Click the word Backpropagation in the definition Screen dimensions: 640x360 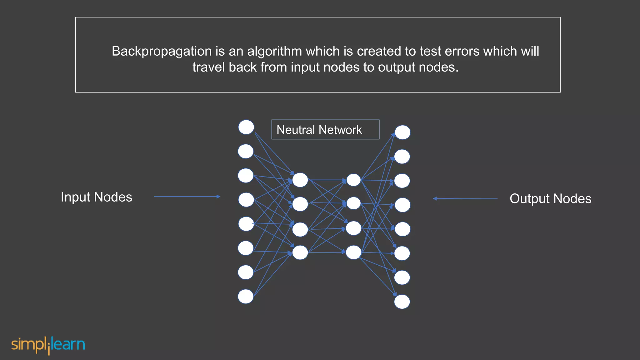(162, 52)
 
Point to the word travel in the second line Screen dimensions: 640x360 (208, 67)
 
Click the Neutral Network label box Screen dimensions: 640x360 (325, 130)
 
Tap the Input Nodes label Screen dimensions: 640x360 (96, 197)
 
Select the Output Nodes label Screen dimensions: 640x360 (550, 199)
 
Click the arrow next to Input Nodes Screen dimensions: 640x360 (187, 197)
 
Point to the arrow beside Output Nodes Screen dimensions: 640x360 (465, 198)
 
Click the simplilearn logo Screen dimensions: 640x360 (48, 345)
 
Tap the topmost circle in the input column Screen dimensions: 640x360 (246, 127)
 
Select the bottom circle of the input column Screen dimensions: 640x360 (246, 297)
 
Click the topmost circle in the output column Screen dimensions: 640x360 (402, 132)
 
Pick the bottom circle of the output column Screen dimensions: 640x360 (402, 302)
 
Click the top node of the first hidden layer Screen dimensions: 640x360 (300, 180)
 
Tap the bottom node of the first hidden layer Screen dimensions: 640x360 (300, 252)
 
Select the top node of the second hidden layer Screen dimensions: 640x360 (354, 180)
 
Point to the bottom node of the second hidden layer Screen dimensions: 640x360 (354, 252)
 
